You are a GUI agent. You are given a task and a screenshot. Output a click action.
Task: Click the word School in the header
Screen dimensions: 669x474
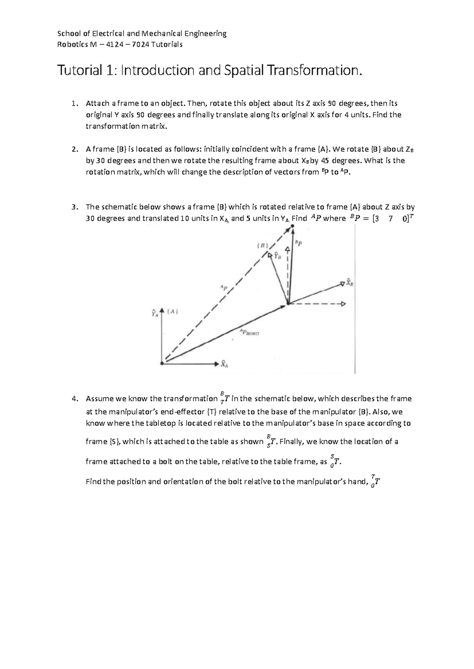pyautogui.click(x=68, y=34)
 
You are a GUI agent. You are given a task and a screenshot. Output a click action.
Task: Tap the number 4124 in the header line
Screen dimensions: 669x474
pyautogui.click(x=113, y=44)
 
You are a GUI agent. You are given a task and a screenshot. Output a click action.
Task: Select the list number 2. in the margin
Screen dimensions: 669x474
pyautogui.click(x=75, y=149)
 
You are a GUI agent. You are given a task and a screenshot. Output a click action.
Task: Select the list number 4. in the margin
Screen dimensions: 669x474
pyautogui.click(x=75, y=399)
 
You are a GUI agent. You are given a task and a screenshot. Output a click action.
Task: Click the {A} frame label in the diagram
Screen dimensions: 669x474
pyautogui.click(x=173, y=312)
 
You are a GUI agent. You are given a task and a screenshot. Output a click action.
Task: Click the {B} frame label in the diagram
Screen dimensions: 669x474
pyautogui.click(x=262, y=245)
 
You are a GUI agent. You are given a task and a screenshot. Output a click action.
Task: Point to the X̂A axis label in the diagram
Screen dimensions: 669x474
pyautogui.click(x=224, y=364)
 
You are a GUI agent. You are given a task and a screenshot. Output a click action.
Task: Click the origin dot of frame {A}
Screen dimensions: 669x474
pyautogui.click(x=162, y=363)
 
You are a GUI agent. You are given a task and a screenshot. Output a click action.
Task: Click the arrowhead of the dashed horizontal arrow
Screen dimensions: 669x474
pyautogui.click(x=343, y=304)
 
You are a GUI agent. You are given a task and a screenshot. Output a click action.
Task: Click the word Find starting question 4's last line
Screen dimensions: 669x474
pyautogui.click(x=94, y=482)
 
